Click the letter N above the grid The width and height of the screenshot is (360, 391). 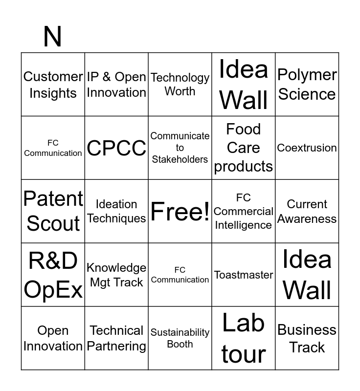pos(52,37)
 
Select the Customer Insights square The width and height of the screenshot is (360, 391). pos(53,85)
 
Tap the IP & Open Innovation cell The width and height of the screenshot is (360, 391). pos(116,85)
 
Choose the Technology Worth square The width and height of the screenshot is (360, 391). pos(180,85)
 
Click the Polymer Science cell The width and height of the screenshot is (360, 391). pos(307,85)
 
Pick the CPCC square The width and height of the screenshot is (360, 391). pos(116,148)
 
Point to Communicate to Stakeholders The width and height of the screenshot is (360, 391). pos(180,148)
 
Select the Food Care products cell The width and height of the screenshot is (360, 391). pos(244,148)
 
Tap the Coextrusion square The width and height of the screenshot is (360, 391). pos(307,148)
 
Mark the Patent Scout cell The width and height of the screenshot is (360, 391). pos(53,211)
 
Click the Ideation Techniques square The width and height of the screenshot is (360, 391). pos(116,211)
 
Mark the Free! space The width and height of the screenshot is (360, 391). pos(180,211)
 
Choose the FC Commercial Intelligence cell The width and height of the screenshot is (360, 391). pos(244,211)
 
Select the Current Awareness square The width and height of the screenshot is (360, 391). pos(307,211)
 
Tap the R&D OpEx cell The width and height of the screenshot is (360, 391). pos(53,275)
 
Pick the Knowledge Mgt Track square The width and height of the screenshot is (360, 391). pos(116,275)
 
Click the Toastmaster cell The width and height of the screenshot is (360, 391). pos(244,275)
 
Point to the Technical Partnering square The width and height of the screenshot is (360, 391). pos(116,338)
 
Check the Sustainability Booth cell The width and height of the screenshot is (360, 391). pos(180,338)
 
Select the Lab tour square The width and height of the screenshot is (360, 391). pos(244,338)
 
